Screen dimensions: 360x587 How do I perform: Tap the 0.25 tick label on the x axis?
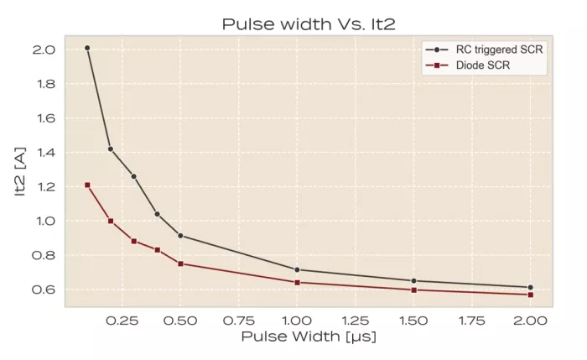(x=122, y=320)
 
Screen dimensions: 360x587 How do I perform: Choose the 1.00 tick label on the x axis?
(x=297, y=320)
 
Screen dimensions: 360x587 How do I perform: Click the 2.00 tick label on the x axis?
(x=530, y=320)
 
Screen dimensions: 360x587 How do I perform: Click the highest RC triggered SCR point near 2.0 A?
(x=87, y=48)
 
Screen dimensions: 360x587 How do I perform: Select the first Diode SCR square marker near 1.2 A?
(x=87, y=185)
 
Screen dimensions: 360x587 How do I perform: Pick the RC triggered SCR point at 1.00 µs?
(x=297, y=269)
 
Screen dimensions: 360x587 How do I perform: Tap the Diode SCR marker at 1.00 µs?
(x=297, y=283)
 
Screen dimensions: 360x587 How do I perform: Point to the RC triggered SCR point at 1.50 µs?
(x=413, y=280)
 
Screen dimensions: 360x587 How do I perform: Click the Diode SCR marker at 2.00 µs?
(x=530, y=295)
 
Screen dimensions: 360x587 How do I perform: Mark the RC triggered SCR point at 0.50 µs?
(x=181, y=236)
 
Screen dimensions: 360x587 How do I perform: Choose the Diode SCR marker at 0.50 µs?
(x=181, y=263)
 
